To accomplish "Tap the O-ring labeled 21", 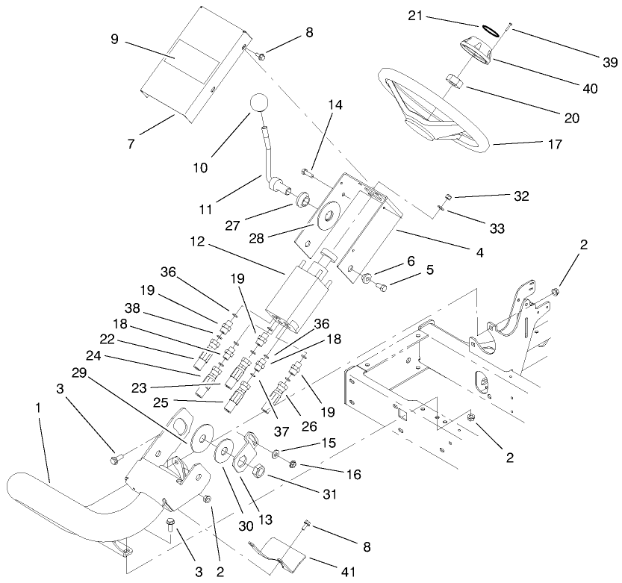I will coord(489,31).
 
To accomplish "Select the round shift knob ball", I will coord(258,103).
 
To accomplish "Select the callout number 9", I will coord(114,38).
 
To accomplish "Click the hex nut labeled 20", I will coord(452,80).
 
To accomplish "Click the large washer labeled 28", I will coord(327,219).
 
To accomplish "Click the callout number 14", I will coord(336,106).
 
